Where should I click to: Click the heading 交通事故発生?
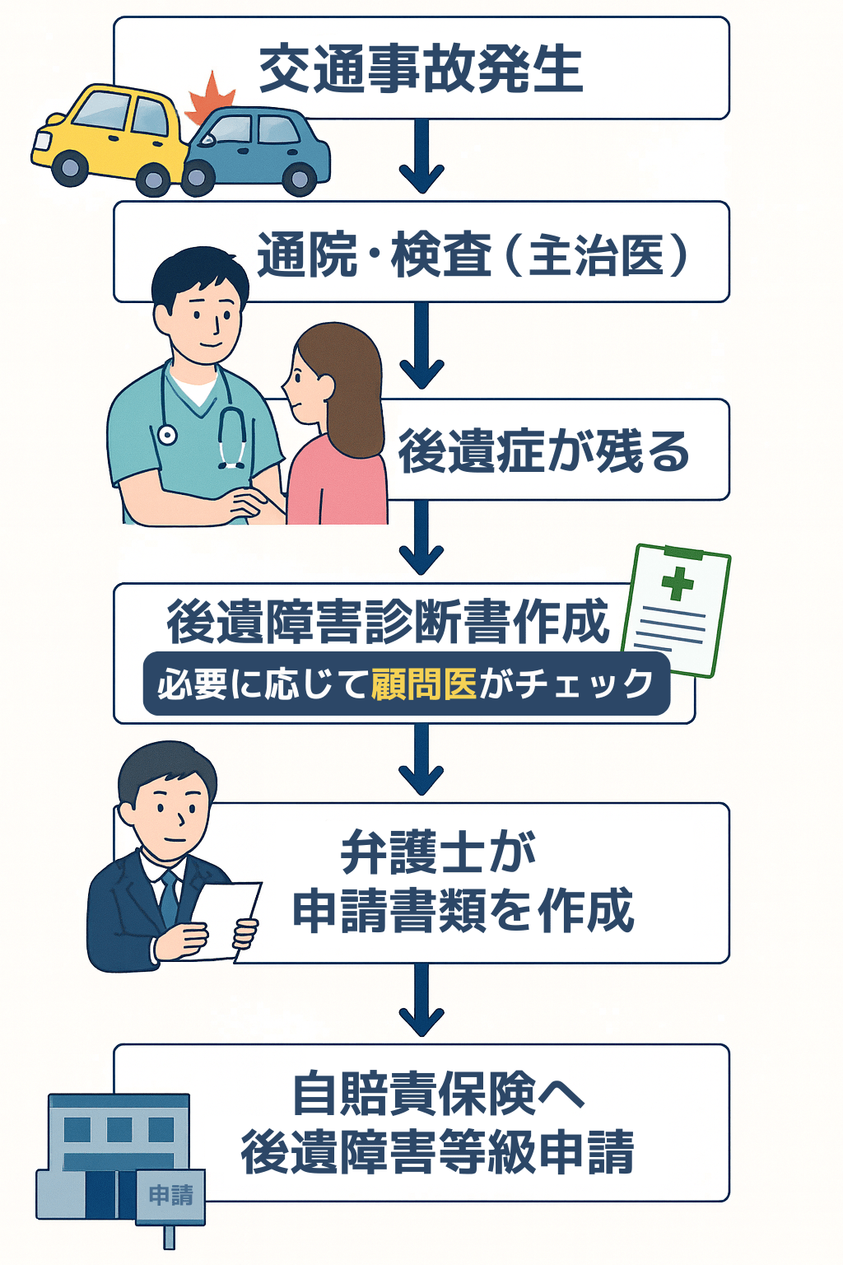coord(421,68)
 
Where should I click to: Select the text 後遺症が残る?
coord(543,451)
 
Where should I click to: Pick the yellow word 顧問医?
coord(424,684)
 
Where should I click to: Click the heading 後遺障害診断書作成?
coord(387,622)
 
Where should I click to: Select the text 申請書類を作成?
coord(463,911)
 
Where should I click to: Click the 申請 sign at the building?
coord(171,1195)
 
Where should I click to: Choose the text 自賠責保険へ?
coord(438,1094)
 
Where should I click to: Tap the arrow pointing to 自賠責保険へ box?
coord(421,1001)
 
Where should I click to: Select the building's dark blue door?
coord(100,1194)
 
